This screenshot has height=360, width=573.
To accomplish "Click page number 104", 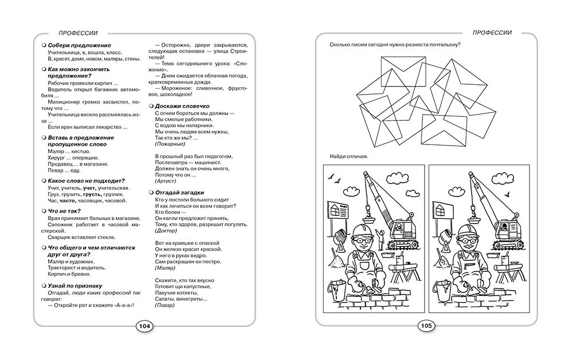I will pos(144,326).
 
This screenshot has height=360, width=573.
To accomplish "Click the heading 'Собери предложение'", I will pos(79,45).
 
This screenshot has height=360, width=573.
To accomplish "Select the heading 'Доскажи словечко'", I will pos(182,106).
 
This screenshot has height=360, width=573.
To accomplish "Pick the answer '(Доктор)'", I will pos(167,230).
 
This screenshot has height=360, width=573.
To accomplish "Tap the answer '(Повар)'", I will pos(166,306).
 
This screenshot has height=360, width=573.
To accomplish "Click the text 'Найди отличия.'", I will pos(349,156).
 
